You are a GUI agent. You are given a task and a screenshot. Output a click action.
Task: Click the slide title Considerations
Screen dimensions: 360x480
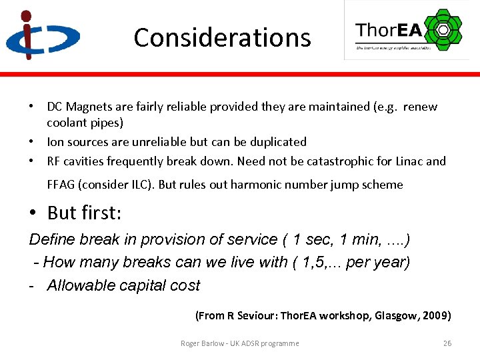[x=222, y=38]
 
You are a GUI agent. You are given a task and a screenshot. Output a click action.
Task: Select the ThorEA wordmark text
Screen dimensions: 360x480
[x=389, y=31]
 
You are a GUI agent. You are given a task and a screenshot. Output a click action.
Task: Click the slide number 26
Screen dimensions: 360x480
[x=447, y=343]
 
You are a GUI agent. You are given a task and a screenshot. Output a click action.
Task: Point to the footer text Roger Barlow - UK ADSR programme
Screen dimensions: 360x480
[x=239, y=343]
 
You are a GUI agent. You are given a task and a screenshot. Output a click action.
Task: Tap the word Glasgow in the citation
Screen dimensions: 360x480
[x=396, y=315]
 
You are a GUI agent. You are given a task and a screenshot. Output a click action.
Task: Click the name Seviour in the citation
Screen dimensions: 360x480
[x=255, y=315]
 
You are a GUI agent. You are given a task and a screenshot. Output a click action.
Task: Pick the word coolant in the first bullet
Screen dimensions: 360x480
[x=67, y=123]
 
